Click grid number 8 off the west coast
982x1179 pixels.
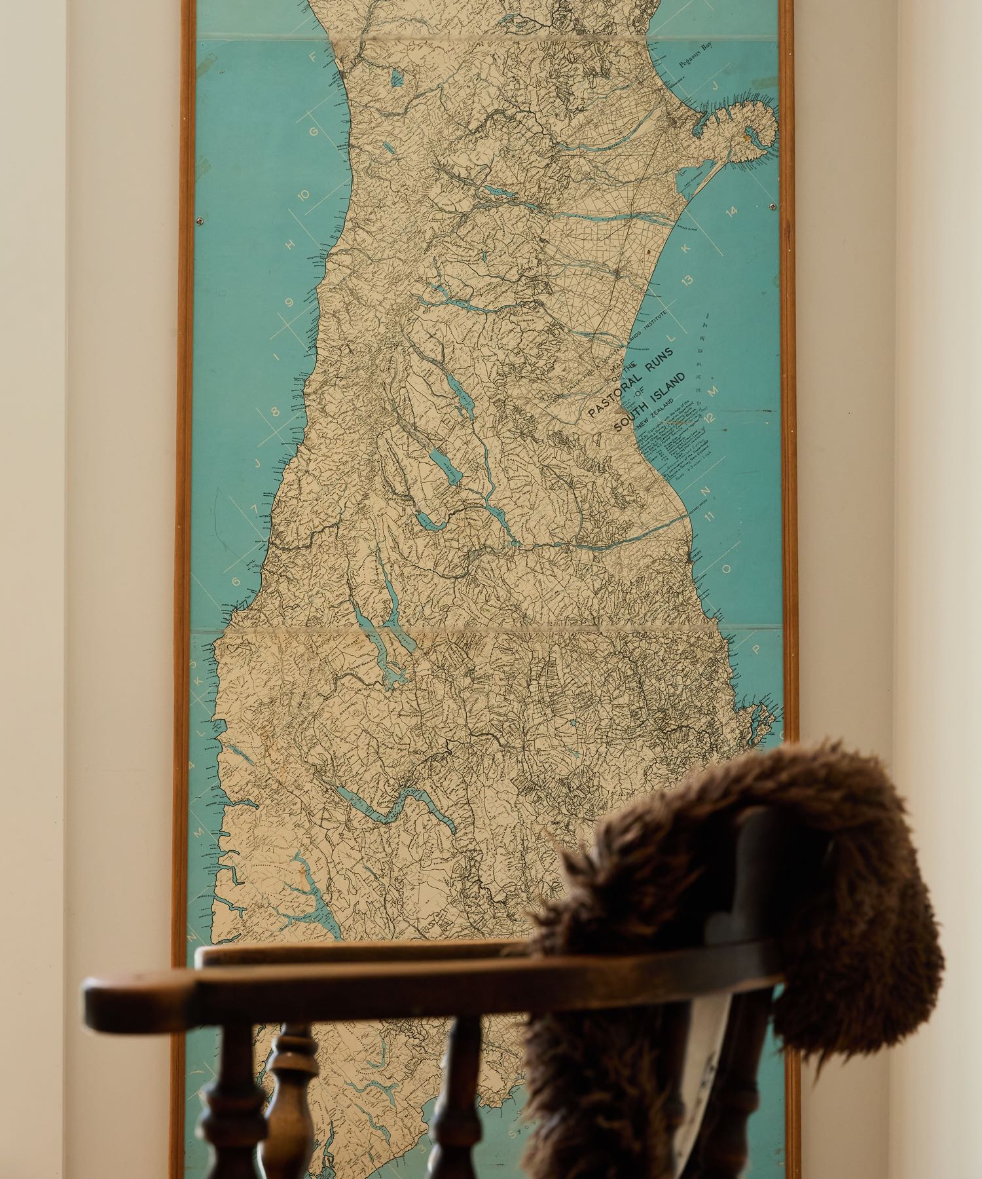point(274,412)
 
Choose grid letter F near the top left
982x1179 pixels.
point(314,58)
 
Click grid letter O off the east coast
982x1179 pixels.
point(725,569)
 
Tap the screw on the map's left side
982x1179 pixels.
point(200,221)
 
